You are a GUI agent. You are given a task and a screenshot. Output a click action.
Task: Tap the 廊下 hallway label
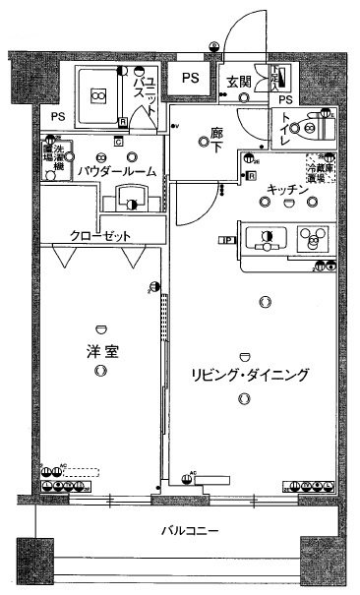click(217, 140)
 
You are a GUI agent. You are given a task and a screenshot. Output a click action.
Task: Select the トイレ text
click(287, 131)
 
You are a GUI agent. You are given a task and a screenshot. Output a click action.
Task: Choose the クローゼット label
click(99, 236)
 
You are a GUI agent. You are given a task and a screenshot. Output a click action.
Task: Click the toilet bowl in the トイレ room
click(317, 127)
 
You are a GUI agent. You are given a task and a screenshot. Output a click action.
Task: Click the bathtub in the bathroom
click(97, 94)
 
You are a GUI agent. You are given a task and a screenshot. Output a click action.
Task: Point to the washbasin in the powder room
click(130, 197)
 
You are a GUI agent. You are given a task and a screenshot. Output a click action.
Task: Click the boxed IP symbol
click(225, 239)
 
